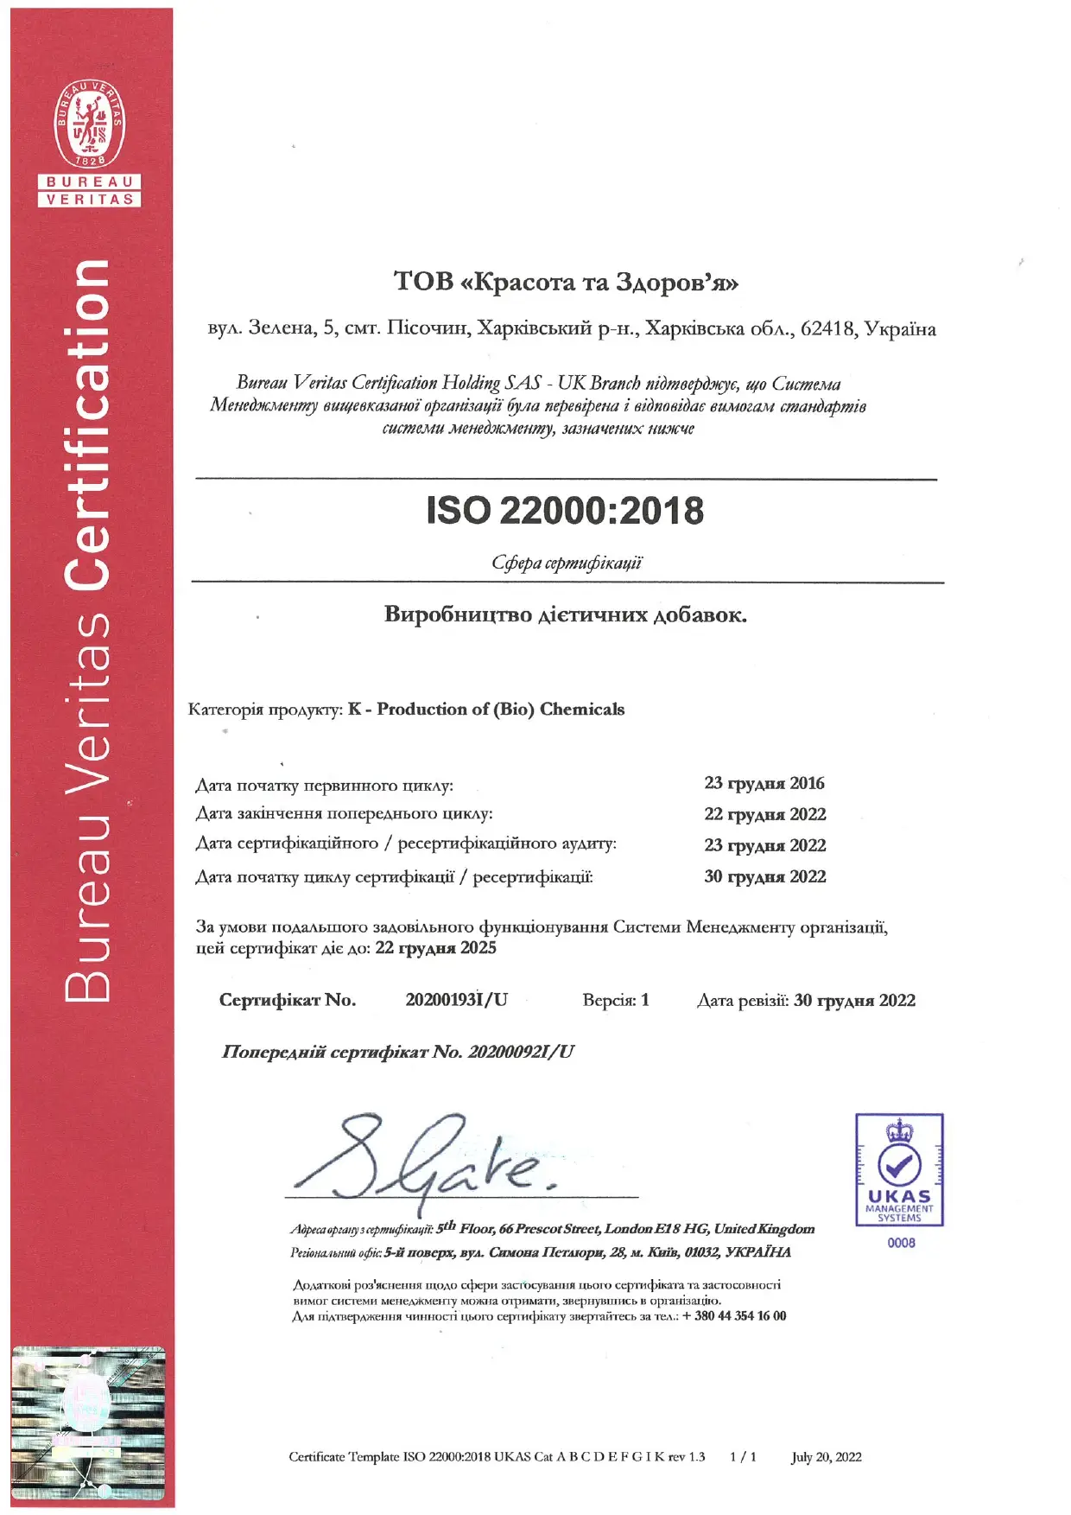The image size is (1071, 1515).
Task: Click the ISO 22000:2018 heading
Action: pyautogui.click(x=565, y=511)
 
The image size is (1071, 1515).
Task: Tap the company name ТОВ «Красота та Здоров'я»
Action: pyautogui.click(x=566, y=282)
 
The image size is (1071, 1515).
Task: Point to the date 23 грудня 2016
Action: pyautogui.click(x=764, y=783)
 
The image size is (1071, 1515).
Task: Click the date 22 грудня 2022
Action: pyautogui.click(x=764, y=814)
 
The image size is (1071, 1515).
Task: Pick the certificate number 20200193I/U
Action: pyautogui.click(x=456, y=1000)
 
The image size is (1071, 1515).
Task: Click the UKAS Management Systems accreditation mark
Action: pyautogui.click(x=899, y=1170)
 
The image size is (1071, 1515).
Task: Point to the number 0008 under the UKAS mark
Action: pyautogui.click(x=901, y=1243)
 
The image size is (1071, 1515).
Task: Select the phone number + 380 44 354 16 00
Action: pyautogui.click(x=734, y=1316)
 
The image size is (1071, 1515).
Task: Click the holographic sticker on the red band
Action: pyautogui.click(x=88, y=1423)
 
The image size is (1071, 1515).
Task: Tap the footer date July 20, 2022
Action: pyautogui.click(x=826, y=1457)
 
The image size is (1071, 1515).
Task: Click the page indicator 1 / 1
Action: pyautogui.click(x=743, y=1457)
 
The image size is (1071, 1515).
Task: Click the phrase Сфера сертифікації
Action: pyautogui.click(x=567, y=563)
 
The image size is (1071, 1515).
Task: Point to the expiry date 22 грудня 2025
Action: pyautogui.click(x=435, y=948)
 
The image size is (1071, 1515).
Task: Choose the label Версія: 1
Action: pyautogui.click(x=616, y=1000)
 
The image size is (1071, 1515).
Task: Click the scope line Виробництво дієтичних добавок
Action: pyautogui.click(x=566, y=615)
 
